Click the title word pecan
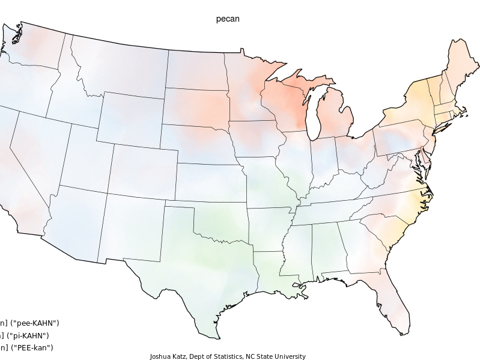click(228, 19)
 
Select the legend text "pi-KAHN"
click(31, 335)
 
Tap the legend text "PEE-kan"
click(33, 347)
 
